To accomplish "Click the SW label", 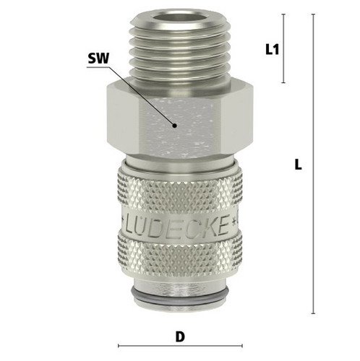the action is pyautogui.click(x=98, y=58).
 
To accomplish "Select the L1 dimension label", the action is pyautogui.click(x=272, y=49).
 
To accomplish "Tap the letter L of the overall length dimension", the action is pyautogui.click(x=298, y=165).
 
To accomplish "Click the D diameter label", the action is pyautogui.click(x=180, y=336).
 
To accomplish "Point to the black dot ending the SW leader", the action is pyautogui.click(x=174, y=126).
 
